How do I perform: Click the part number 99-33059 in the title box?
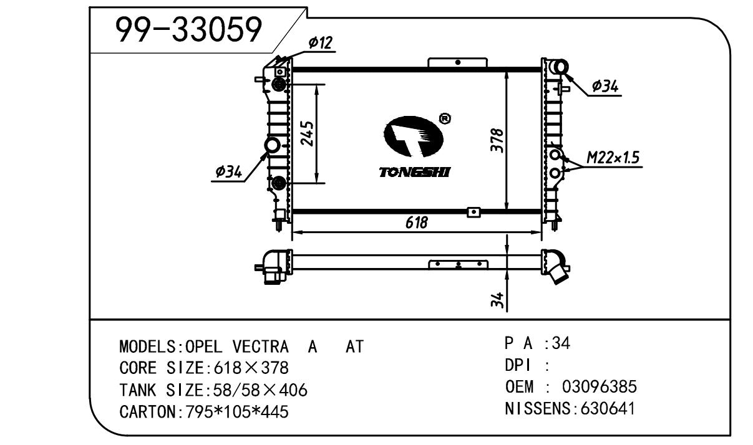coord(188,29)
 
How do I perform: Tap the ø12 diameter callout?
coord(321,43)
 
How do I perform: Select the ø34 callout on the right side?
coord(605,86)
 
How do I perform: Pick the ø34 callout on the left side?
coord(228,172)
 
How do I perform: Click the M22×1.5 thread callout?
coord(613,158)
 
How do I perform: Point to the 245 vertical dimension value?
coord(307,133)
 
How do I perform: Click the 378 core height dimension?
coord(497,140)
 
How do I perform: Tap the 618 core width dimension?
coord(417,222)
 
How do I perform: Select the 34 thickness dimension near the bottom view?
coord(497,300)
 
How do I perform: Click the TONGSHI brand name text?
coord(414,172)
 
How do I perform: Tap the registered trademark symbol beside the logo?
coord(445,118)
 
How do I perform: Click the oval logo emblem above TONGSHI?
coord(414,136)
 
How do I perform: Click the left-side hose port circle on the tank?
coord(272,146)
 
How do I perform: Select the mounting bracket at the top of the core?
coord(457,63)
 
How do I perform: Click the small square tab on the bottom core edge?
coord(474,213)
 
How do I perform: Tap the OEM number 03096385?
coord(600,387)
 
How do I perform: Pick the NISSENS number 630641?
coord(608,409)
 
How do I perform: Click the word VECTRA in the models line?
coord(261,347)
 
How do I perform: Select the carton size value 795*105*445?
coord(237,412)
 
